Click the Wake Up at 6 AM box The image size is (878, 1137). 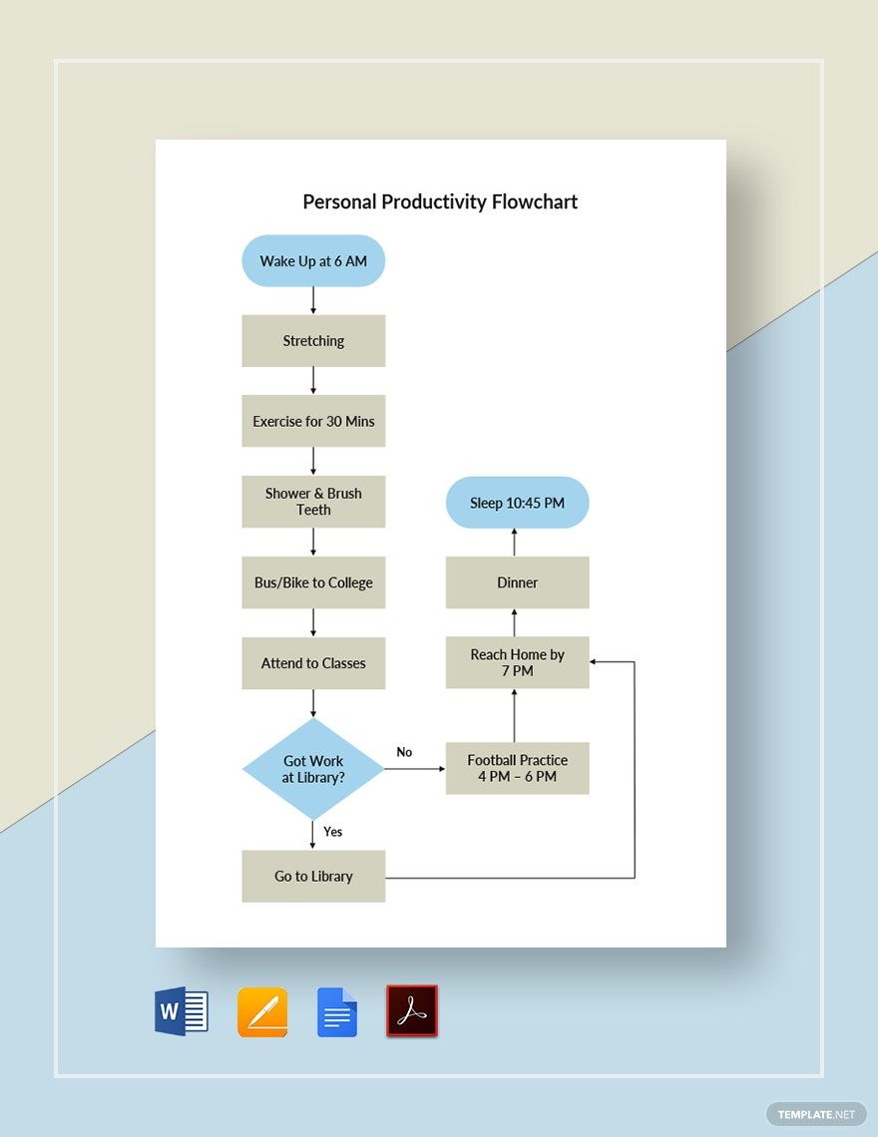[313, 261]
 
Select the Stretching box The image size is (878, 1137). [313, 341]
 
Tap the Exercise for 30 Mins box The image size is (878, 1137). [313, 422]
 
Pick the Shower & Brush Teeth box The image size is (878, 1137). [313, 502]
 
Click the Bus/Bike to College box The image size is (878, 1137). [313, 582]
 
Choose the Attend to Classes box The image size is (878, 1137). [313, 663]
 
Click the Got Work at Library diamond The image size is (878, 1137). [313, 769]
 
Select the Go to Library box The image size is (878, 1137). [313, 877]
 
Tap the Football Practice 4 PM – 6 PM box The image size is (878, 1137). [517, 768]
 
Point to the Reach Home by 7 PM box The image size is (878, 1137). [517, 662]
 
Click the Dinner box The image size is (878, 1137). [517, 582]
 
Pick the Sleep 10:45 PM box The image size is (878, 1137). [517, 503]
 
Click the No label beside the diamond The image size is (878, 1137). [404, 752]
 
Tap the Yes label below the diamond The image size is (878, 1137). [333, 832]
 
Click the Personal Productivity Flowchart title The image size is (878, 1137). [440, 201]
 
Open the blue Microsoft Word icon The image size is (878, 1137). [182, 1011]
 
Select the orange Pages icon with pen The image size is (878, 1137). [262, 1012]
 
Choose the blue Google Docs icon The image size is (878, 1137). [337, 1012]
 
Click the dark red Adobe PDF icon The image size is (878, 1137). [412, 1011]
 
